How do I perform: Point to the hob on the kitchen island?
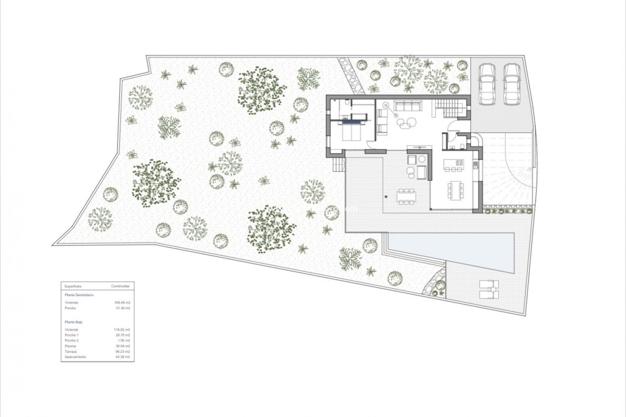459,162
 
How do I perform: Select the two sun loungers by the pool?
489,289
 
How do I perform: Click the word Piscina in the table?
70,346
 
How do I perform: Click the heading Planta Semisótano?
79,295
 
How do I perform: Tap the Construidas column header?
120,286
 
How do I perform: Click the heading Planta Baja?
73,322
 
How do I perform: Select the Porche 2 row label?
72,340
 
